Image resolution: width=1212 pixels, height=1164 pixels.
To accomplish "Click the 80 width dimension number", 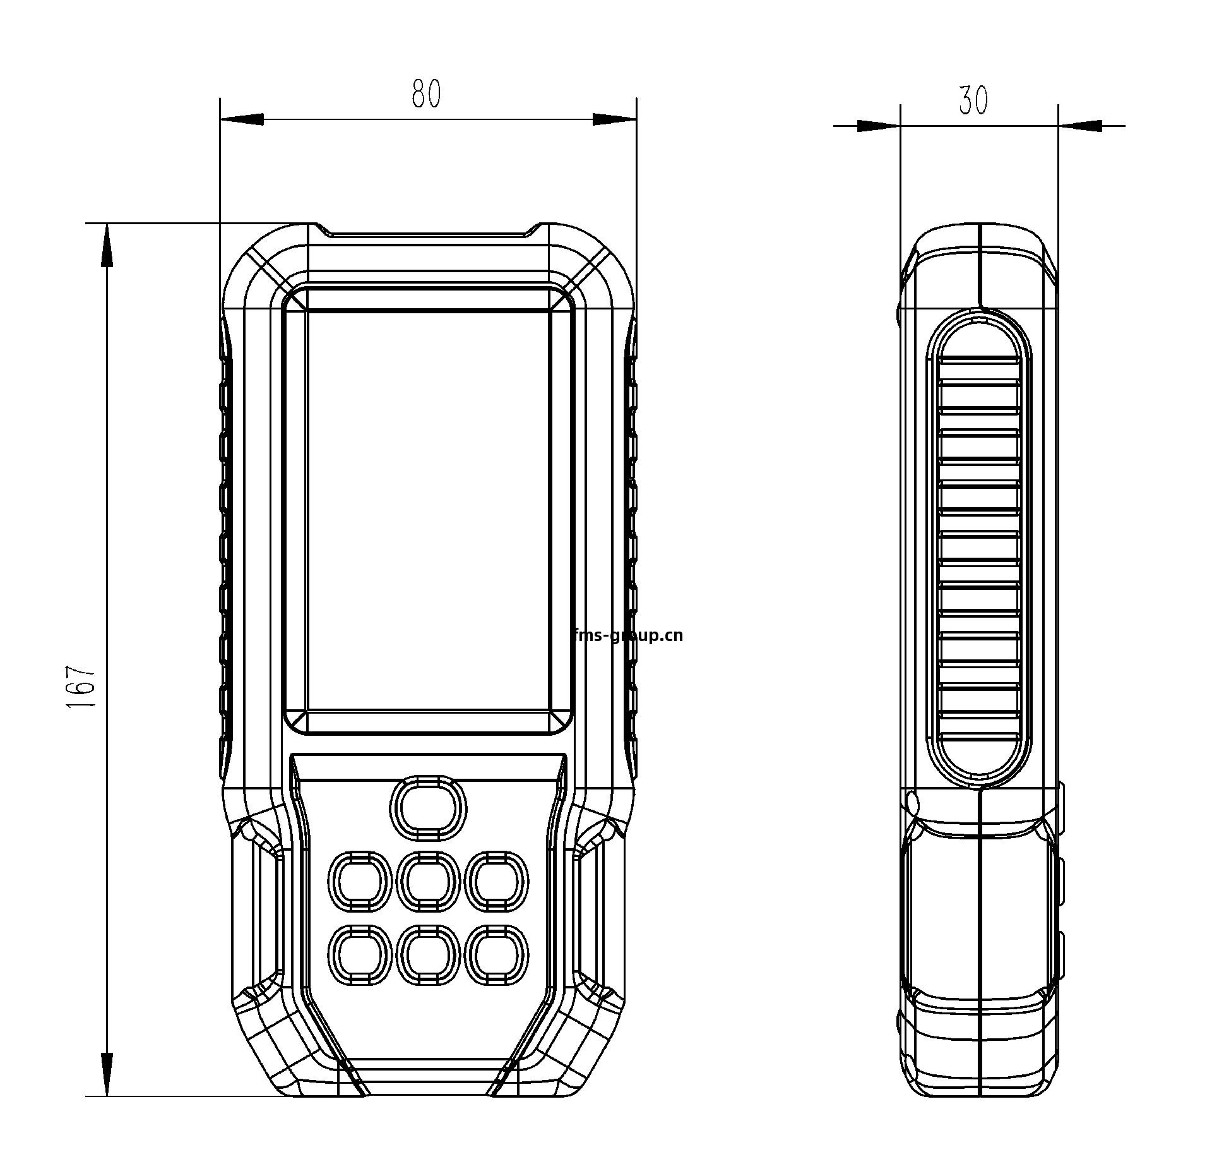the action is tap(426, 93).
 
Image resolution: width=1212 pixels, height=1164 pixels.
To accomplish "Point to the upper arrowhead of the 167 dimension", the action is tap(107, 246).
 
